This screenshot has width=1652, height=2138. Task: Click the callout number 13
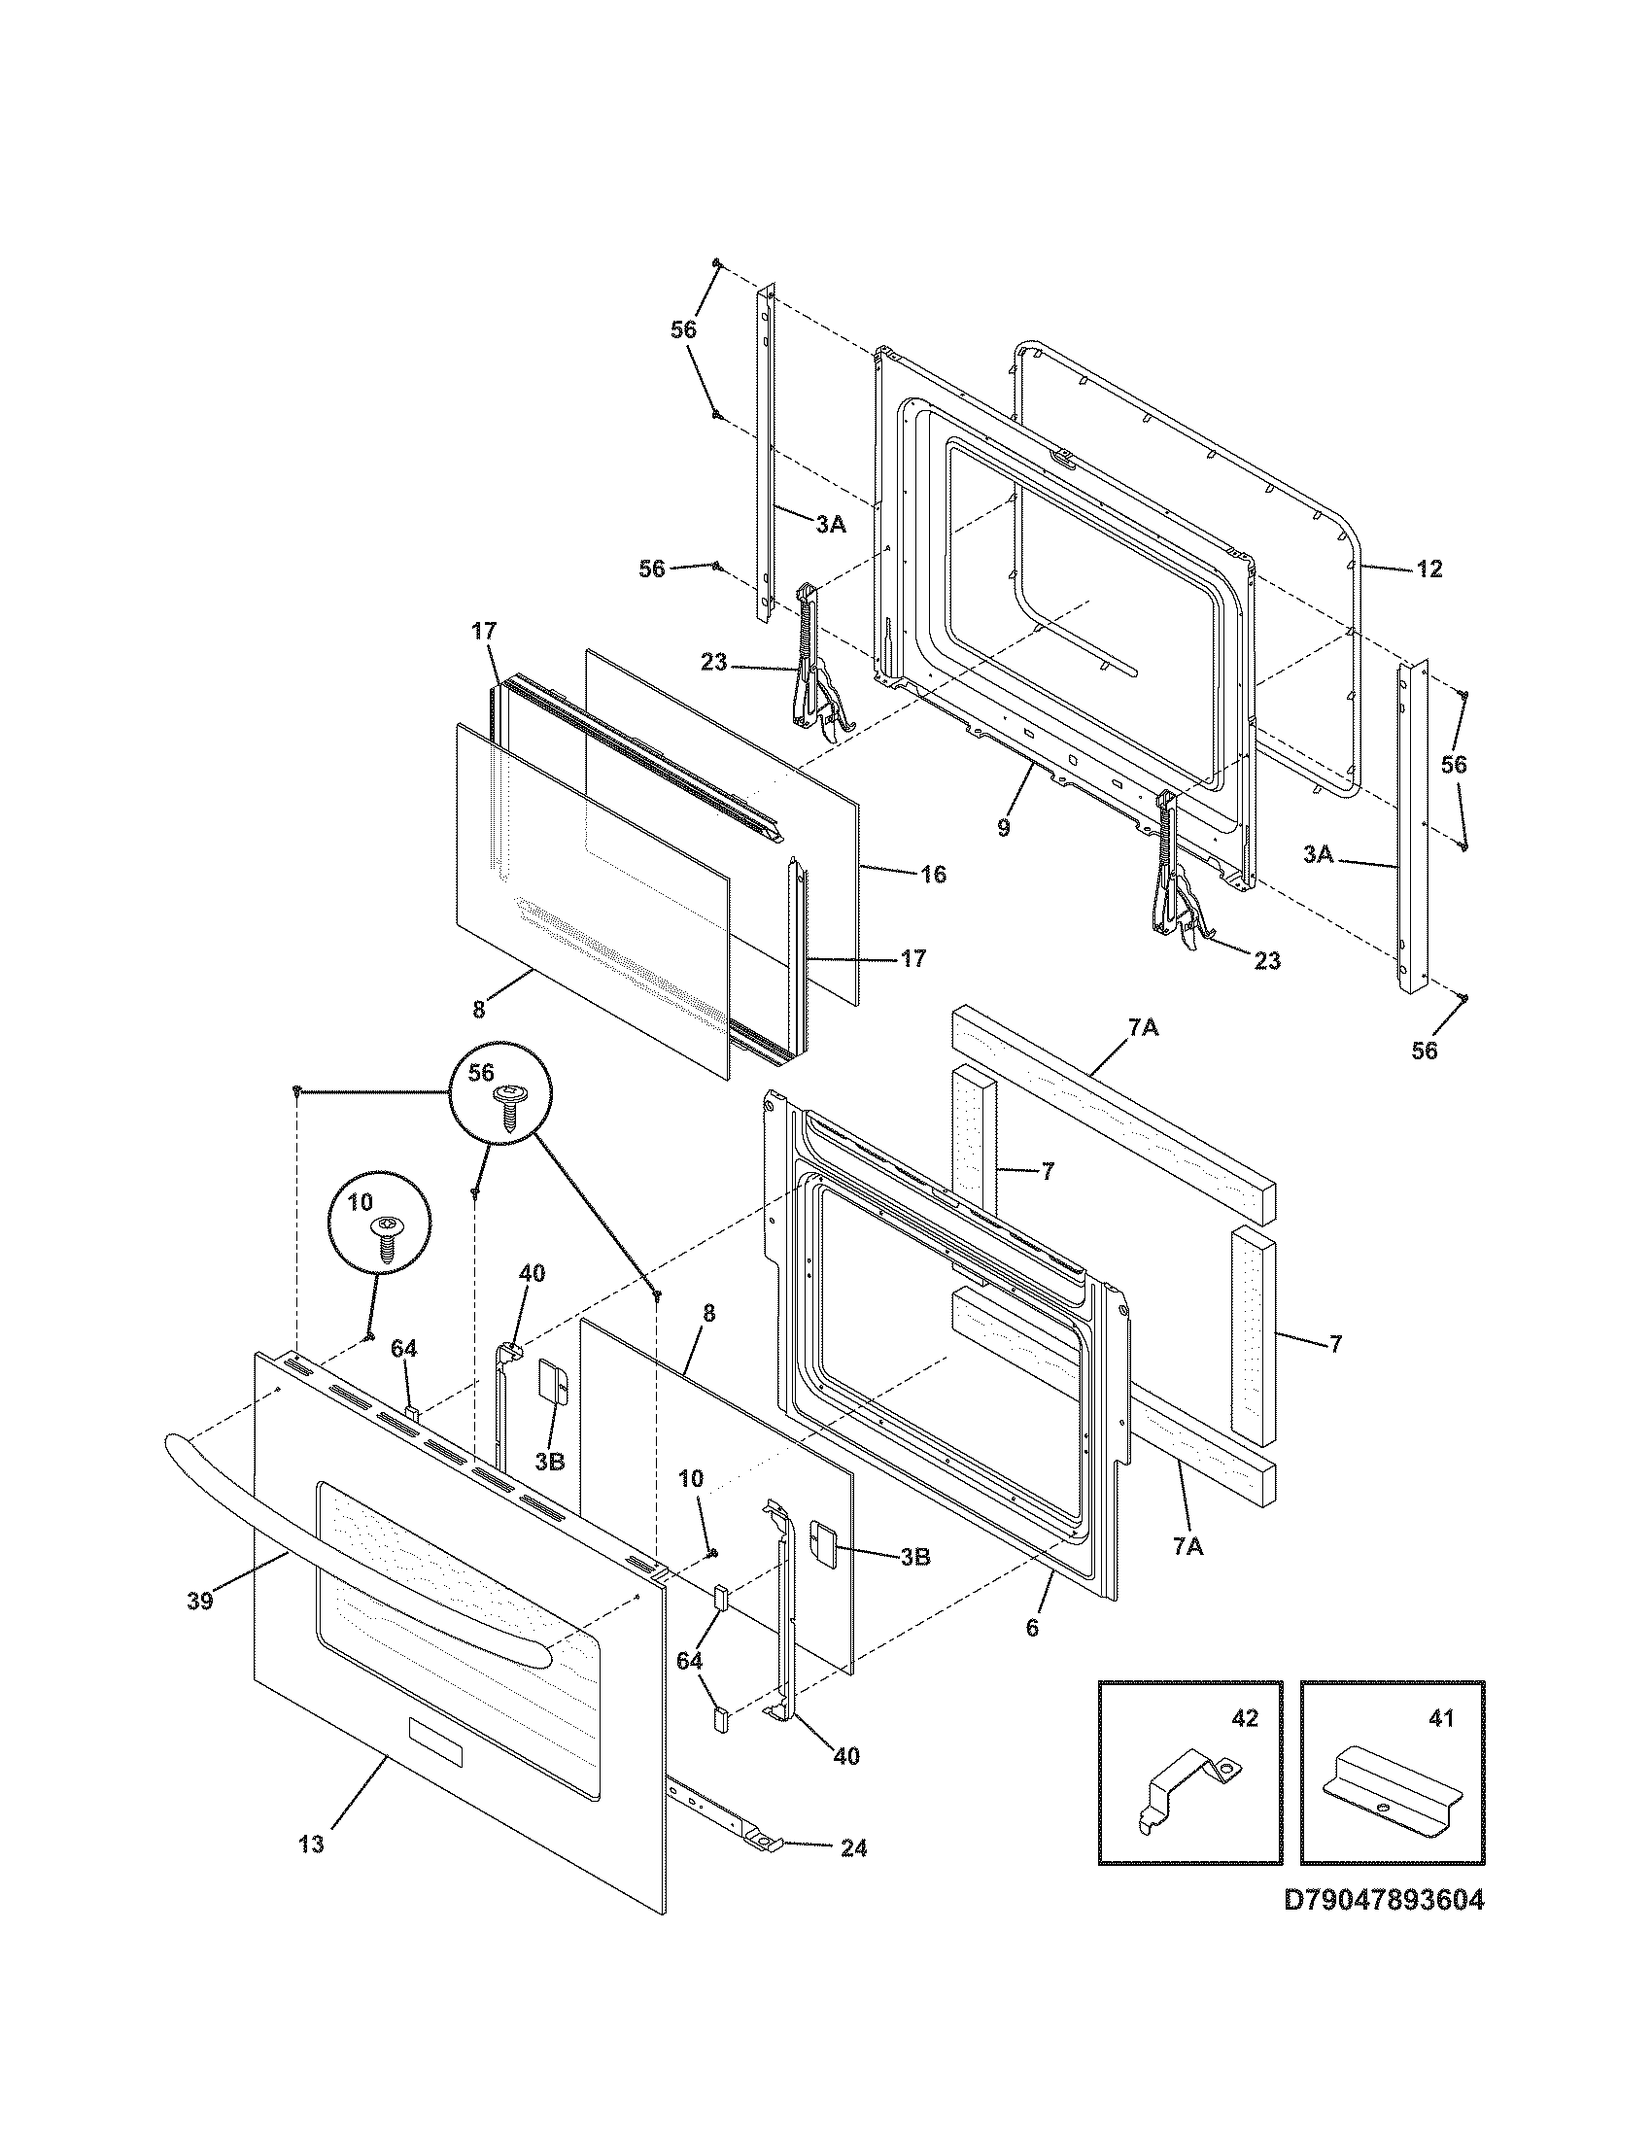coord(310,1845)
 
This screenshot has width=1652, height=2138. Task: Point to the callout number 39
coord(199,1603)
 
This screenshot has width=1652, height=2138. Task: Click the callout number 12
coord(1429,569)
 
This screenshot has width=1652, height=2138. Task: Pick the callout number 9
coord(1003,827)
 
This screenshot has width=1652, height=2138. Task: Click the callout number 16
coord(934,875)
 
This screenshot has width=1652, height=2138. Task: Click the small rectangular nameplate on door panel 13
coord(433,1741)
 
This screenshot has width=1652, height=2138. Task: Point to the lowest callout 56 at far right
coord(1424,1051)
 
